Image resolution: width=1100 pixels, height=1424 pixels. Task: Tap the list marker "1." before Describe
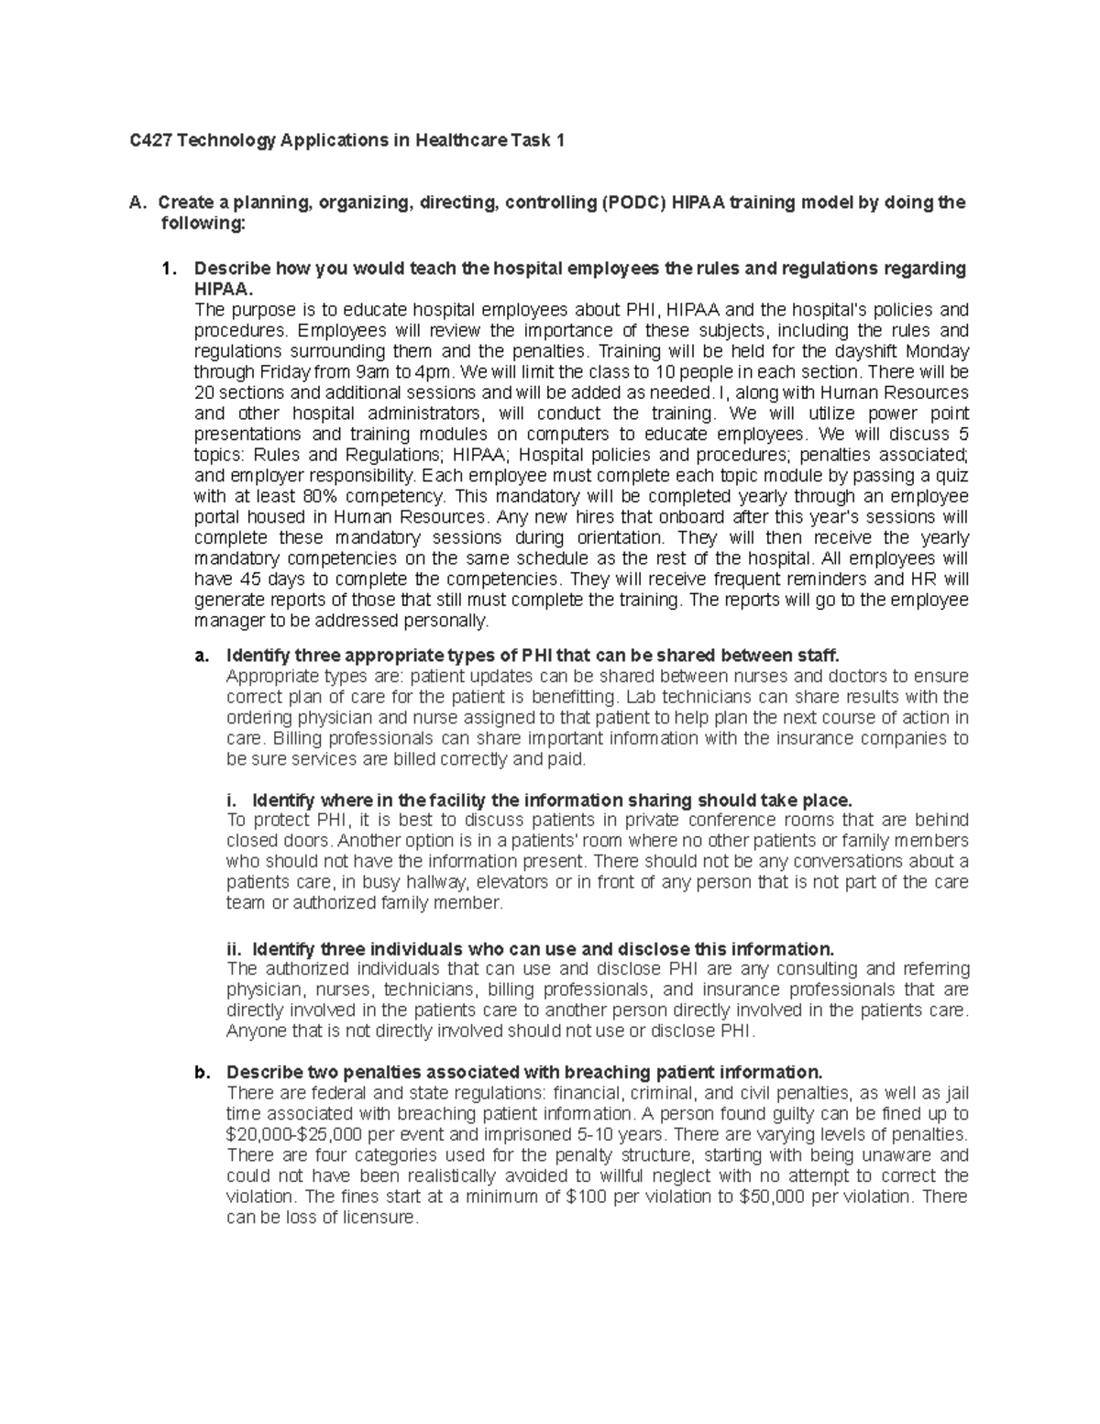pyautogui.click(x=168, y=269)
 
